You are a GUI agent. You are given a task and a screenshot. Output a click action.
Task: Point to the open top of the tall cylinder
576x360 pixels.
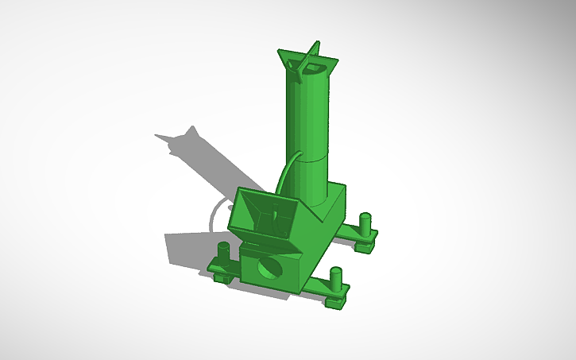pyautogui.click(x=315, y=70)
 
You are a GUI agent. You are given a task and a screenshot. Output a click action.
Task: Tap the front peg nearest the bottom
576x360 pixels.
pyautogui.click(x=336, y=278)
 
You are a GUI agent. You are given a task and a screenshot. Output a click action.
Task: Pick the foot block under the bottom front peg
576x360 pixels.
pyautogui.click(x=336, y=300)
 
